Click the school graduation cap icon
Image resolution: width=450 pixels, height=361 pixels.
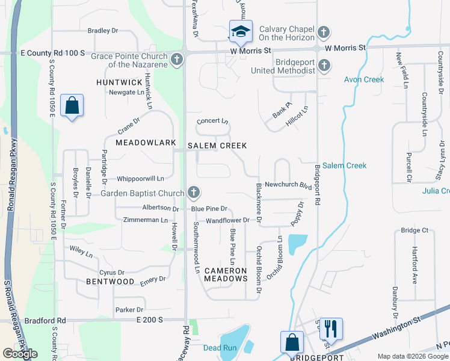241,31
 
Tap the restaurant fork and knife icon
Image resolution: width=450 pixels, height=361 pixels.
331,329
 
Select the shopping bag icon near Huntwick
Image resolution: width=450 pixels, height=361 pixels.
72,106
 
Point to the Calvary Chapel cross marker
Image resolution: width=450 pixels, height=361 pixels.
324,32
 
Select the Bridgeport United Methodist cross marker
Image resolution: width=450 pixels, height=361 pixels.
324,65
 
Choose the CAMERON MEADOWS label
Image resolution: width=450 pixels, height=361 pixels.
226,274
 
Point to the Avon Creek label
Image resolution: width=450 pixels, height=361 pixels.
364,79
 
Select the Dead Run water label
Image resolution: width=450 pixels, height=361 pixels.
221,348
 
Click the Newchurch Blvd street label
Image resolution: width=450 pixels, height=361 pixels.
288,185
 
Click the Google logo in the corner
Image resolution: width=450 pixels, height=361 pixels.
20,353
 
